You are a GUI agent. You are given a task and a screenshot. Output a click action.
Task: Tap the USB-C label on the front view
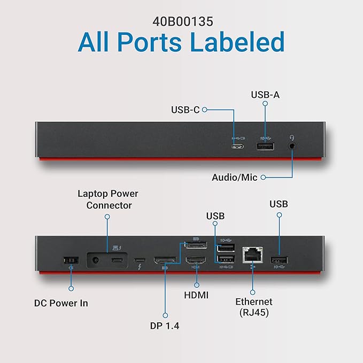click(185, 110)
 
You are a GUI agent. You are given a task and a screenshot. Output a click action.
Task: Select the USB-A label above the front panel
click(265, 95)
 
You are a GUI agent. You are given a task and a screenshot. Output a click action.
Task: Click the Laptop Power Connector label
click(108, 199)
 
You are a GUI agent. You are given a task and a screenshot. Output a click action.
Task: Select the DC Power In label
click(61, 303)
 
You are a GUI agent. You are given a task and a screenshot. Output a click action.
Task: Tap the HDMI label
click(196, 295)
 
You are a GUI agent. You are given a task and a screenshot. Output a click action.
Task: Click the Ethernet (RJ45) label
click(254, 307)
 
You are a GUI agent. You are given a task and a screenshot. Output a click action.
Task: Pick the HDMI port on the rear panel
click(196, 261)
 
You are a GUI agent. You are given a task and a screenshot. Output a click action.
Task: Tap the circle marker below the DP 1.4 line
click(165, 315)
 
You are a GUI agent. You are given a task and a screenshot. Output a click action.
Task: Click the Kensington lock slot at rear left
click(71, 260)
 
